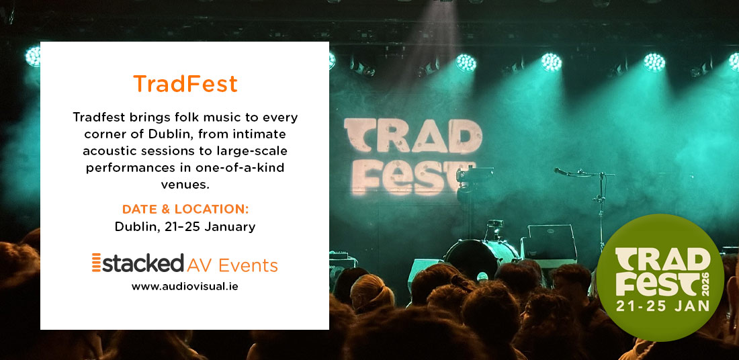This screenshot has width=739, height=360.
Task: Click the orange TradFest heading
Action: click(x=185, y=84)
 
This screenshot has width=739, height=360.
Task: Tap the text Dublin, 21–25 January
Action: click(x=185, y=226)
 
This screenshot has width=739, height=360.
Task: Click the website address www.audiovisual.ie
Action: click(x=185, y=286)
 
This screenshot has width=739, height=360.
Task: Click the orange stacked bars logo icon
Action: click(x=96, y=263)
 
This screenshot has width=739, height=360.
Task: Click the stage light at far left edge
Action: click(x=32, y=57)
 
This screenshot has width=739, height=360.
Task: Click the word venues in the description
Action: click(x=185, y=181)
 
